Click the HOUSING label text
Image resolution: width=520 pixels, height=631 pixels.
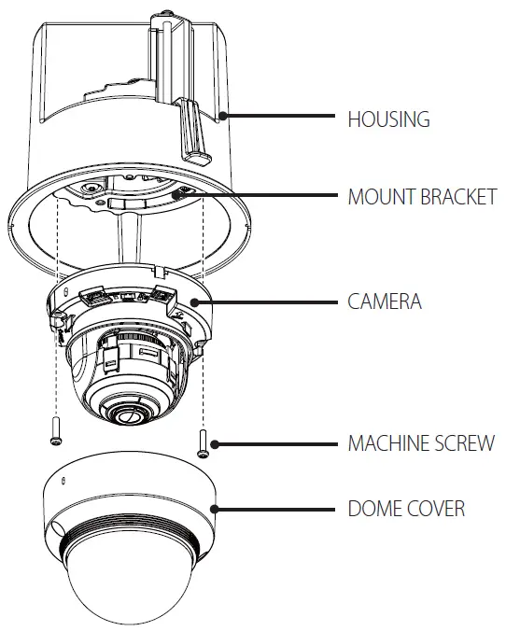[388, 119]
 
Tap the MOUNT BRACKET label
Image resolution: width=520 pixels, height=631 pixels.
[422, 198]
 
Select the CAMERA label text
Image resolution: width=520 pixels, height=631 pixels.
[385, 301]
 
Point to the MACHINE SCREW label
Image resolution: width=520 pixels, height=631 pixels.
[421, 442]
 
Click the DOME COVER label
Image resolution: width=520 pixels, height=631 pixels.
[406, 509]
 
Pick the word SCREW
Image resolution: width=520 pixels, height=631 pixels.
[465, 442]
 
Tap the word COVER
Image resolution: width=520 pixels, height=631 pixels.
[435, 509]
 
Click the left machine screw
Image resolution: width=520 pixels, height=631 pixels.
[55, 429]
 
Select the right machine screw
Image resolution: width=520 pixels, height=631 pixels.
[204, 441]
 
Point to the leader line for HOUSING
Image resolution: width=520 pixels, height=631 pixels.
[280, 116]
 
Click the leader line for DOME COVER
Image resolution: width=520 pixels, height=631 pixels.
[275, 510]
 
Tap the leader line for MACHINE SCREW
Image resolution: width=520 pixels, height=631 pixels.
[275, 442]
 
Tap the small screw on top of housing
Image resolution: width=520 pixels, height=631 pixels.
[162, 16]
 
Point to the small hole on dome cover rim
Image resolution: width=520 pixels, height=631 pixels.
[63, 481]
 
